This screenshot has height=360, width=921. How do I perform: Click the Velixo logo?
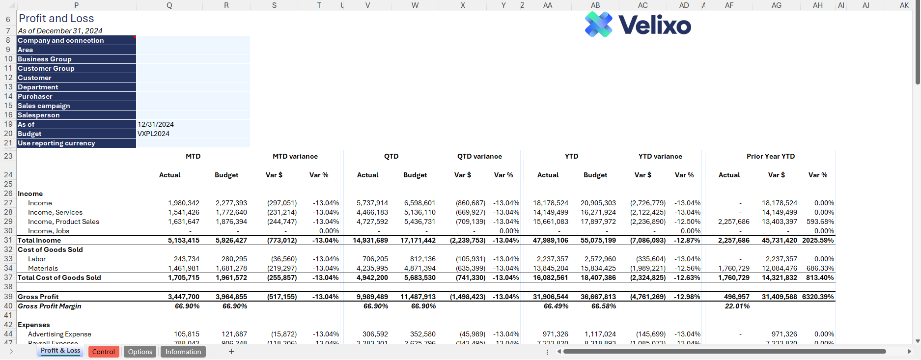click(638, 25)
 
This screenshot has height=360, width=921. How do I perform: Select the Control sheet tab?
click(103, 352)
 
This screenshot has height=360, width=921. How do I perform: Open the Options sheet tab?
click(140, 352)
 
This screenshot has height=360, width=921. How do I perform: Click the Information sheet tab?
click(183, 352)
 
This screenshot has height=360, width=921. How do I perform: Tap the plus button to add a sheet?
click(231, 352)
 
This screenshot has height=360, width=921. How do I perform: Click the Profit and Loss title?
click(56, 19)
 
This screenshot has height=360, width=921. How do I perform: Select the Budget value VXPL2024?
click(154, 134)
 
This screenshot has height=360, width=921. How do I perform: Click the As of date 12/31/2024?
click(156, 124)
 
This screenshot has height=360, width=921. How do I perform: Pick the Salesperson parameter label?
click(39, 115)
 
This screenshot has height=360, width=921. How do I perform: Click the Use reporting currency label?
click(56, 143)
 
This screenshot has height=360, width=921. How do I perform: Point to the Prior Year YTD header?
click(770, 156)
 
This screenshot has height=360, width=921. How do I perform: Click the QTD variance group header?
click(479, 156)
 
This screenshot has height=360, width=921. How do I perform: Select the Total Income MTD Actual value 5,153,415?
click(184, 240)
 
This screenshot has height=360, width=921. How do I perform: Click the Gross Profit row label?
click(38, 297)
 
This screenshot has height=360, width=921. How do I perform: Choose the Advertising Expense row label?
click(59, 334)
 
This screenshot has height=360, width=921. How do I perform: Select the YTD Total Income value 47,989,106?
click(551, 240)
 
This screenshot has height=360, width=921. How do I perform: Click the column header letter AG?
click(776, 5)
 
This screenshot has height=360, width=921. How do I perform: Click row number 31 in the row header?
click(8, 240)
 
